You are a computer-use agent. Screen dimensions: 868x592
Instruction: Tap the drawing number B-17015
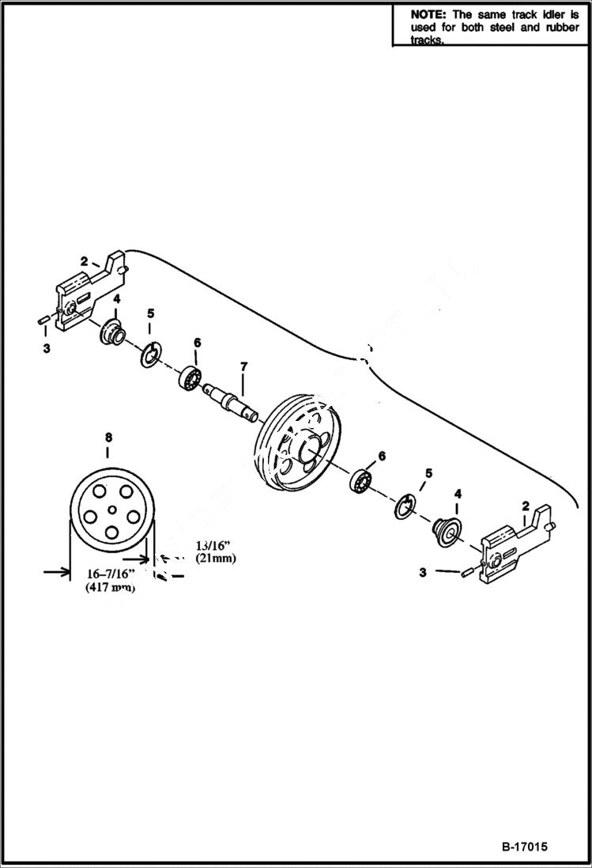pos(524,847)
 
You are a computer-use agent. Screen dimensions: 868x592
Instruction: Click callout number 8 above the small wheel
pos(109,437)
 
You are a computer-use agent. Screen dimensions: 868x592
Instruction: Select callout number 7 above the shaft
pos(243,366)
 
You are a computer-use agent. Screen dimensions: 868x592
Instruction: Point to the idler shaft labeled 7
pos(230,397)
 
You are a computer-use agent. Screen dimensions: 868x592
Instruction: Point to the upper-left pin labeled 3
pos(44,320)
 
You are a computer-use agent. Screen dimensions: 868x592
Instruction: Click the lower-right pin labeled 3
pos(467,572)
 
